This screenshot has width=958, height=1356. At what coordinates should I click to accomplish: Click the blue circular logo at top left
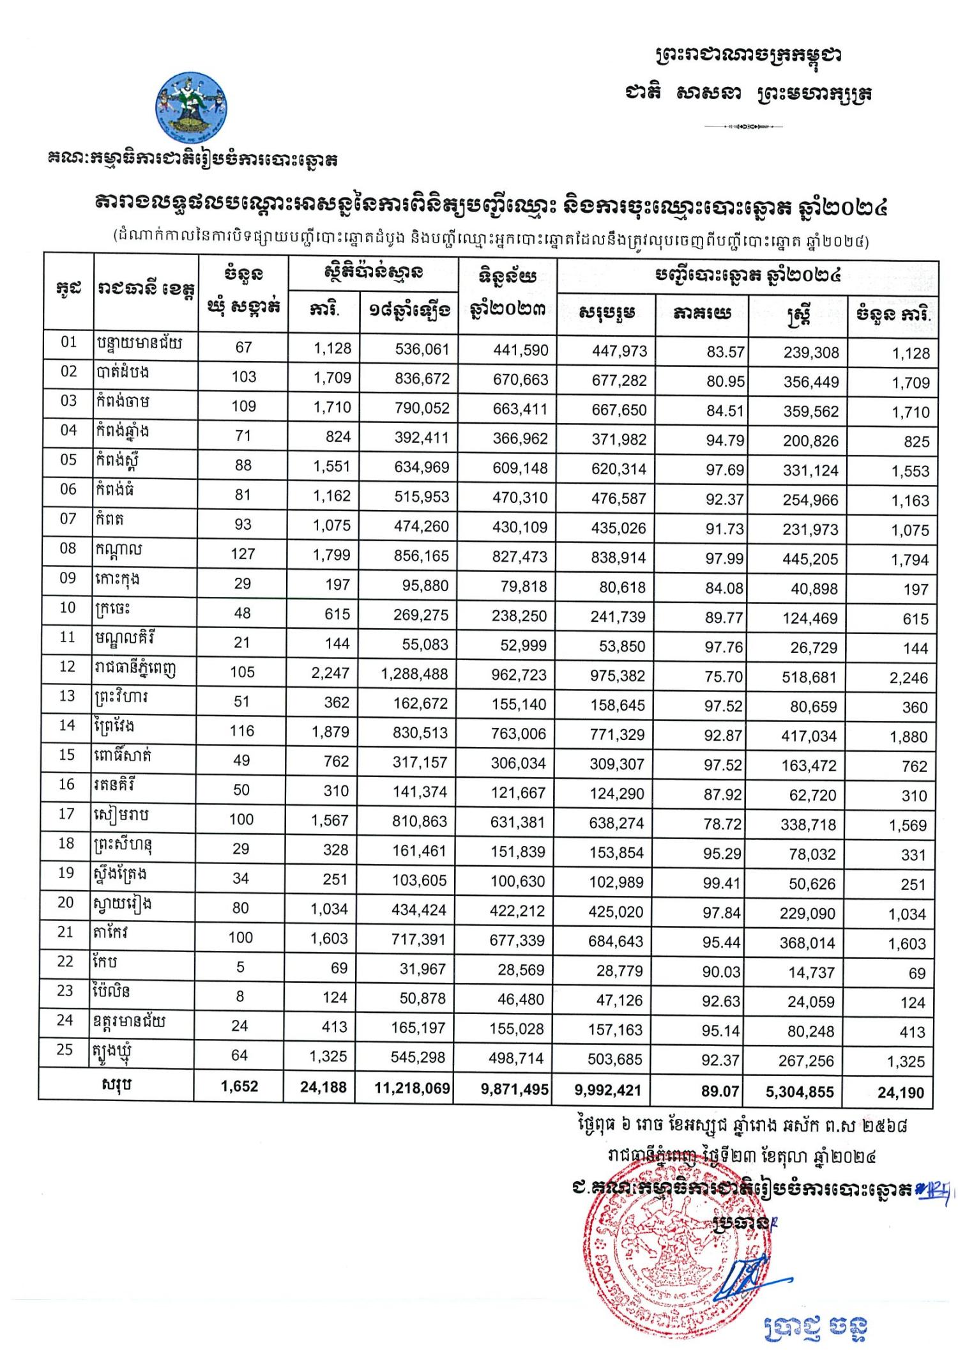pos(192,107)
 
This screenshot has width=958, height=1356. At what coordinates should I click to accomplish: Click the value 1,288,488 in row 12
pos(414,674)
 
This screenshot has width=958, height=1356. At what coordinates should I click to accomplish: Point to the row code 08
pos(68,548)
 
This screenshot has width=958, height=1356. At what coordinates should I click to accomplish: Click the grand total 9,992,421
pos(607,1090)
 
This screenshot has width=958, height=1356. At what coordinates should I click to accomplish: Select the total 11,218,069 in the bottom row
pos(413,1088)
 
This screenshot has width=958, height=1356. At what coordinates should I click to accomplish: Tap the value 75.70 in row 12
pos(723,676)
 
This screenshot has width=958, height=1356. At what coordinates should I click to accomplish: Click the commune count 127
pos(243,554)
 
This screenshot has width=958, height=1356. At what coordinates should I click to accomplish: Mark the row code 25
pos(65,1050)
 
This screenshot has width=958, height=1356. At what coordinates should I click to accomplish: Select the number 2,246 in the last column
pos(908,678)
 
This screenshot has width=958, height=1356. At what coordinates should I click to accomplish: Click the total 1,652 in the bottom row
pos(240,1087)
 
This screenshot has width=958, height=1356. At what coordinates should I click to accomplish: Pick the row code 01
pos(69,342)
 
